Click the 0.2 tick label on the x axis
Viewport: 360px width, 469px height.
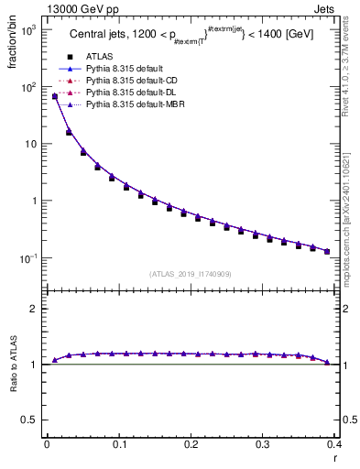tap(190, 443)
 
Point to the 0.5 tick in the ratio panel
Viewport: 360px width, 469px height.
tap(27, 420)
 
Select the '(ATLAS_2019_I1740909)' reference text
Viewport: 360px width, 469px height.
tap(191, 273)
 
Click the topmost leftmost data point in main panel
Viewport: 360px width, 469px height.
tap(55, 96)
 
